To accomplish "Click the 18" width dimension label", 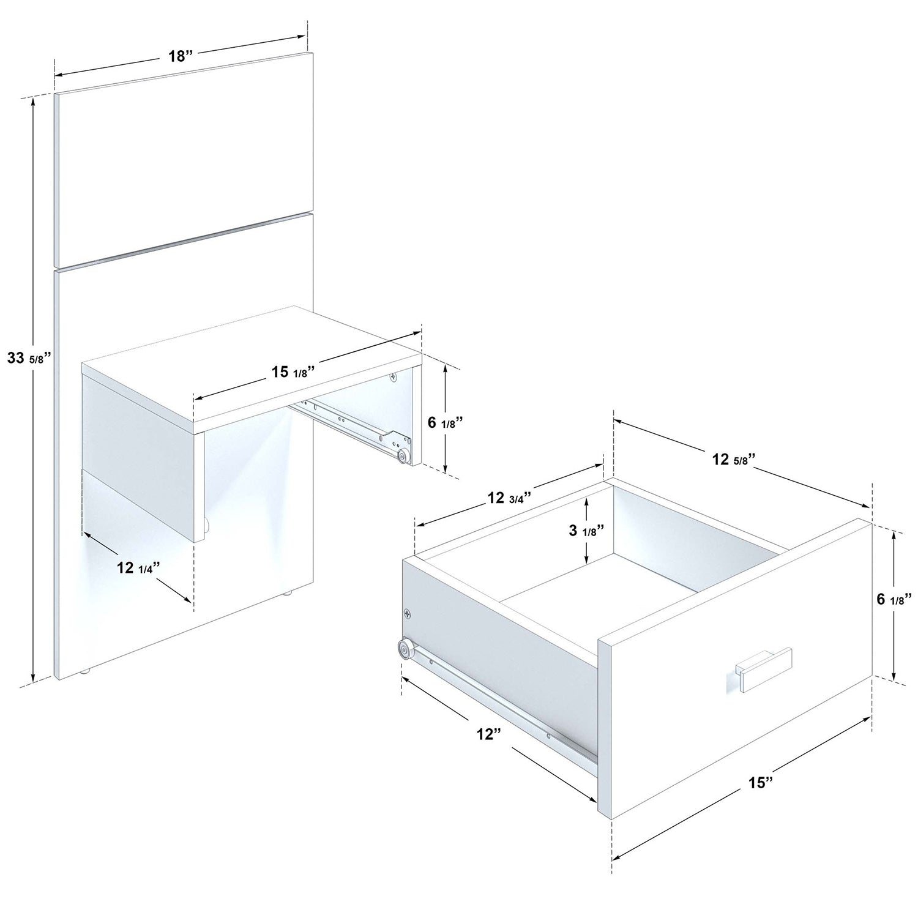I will point(181,56).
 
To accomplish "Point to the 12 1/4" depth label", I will point(138,567).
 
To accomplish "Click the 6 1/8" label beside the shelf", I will point(445,422).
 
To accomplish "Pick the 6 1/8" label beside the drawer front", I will point(894,599).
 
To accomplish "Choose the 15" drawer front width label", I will point(760,782).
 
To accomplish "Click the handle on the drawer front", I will point(764,669).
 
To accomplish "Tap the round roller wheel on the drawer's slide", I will point(405,648).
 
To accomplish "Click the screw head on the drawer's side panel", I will point(408,612).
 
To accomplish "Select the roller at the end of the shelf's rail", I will point(403,455).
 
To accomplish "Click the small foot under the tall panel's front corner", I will point(86,671).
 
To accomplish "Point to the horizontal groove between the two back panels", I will point(184,242).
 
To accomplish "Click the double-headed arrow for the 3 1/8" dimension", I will point(586,531).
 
